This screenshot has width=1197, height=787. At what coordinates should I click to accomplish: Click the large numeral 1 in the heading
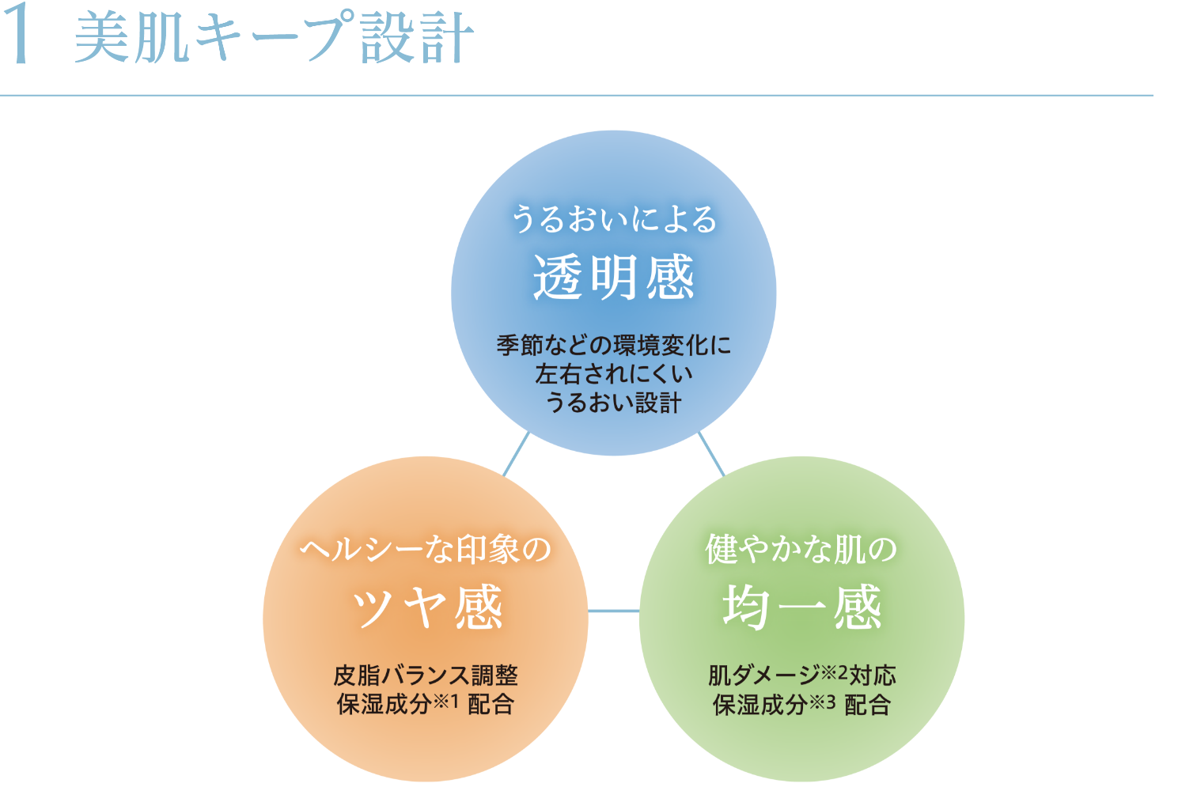coord(17,37)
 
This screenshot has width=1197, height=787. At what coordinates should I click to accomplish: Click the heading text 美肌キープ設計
coord(274,39)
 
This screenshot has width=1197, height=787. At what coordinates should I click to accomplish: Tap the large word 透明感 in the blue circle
coord(613,278)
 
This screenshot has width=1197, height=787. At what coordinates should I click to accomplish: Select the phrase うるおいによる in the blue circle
coord(613,218)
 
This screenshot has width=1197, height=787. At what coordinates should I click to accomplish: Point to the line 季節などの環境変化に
coord(613,346)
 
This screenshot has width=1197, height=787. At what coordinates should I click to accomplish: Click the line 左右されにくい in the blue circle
coord(613,374)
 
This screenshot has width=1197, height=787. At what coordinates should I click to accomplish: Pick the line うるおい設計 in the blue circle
coord(613,403)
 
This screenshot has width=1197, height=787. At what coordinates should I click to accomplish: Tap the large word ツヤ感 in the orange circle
coord(426,607)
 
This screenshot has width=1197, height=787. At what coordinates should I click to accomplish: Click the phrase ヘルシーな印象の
coord(426,549)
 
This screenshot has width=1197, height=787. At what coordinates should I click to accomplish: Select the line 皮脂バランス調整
coord(426,675)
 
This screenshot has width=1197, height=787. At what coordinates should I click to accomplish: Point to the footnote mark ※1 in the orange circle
coord(445,701)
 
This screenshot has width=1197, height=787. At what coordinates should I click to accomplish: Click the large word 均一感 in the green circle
coord(801,607)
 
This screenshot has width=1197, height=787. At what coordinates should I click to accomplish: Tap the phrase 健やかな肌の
coord(801,549)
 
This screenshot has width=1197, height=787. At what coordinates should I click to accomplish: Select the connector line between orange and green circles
coord(613,611)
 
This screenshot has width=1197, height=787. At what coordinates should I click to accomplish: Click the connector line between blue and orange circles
coord(516,454)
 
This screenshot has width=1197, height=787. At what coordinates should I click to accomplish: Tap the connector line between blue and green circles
coord(711,454)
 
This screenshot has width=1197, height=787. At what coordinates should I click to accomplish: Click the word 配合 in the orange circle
coord(491,704)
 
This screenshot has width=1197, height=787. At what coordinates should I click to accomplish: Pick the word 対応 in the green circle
coord(873,675)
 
